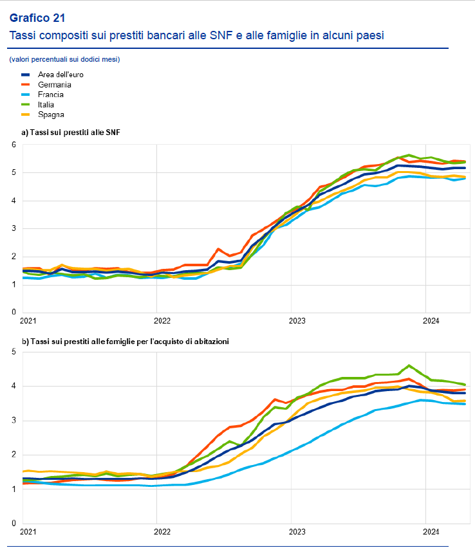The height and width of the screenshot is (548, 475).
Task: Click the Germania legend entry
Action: coord(54,84)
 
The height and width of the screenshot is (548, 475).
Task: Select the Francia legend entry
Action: coord(50,95)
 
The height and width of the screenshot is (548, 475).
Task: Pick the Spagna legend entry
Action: coord(51,114)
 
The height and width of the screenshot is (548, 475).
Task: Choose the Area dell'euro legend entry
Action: coord(61,75)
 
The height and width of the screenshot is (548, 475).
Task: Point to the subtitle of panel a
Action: coord(71,132)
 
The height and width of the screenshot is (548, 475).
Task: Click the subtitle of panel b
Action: coord(125,342)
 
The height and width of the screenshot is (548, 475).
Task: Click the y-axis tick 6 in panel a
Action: coord(13,145)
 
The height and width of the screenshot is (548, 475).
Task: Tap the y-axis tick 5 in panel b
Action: coord(13,351)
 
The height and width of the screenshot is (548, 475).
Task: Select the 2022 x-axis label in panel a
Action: coord(162,320)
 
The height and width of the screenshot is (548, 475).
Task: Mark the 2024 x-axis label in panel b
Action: coord(431,531)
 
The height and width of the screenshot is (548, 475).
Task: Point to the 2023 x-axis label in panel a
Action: coord(296,320)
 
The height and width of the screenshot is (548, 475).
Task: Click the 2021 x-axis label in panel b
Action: coord(28,531)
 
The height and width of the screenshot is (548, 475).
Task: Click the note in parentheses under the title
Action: coord(64,59)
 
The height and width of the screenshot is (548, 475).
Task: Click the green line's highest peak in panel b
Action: coord(409,365)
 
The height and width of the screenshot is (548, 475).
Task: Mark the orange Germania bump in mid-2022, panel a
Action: coord(218,248)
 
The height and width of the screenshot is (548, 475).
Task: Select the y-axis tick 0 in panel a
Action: coord(13,312)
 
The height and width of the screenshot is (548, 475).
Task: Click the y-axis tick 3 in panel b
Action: coord(13,421)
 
